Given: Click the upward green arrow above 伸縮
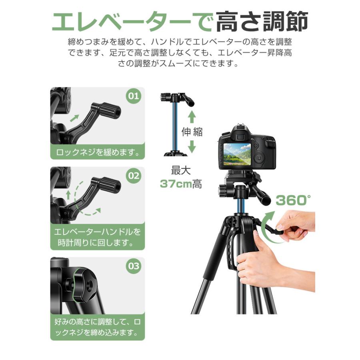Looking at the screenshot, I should tap(192, 117).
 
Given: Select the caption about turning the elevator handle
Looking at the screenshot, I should tap(97, 237).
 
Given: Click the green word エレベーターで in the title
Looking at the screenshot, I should tap(132, 22).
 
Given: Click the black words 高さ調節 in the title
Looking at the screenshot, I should tap(262, 22).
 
